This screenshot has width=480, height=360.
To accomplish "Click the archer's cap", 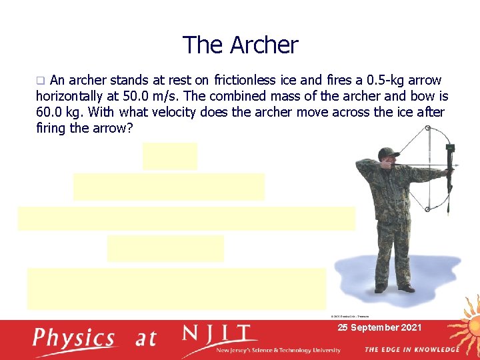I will pos(387,153).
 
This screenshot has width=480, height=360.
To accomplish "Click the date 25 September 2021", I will pos(379,327).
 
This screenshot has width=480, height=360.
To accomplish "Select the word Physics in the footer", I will pos(74,338).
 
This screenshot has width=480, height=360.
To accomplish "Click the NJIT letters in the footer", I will pos(216,333).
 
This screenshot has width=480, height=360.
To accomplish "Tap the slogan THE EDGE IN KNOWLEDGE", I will pos(411,349).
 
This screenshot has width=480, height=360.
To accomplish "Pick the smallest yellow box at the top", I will pos(170,156).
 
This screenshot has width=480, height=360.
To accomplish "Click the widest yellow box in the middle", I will pos(186,219).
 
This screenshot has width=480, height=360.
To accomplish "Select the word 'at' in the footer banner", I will pos(146,339).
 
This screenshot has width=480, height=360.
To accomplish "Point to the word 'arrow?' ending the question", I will pos(111,128).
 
